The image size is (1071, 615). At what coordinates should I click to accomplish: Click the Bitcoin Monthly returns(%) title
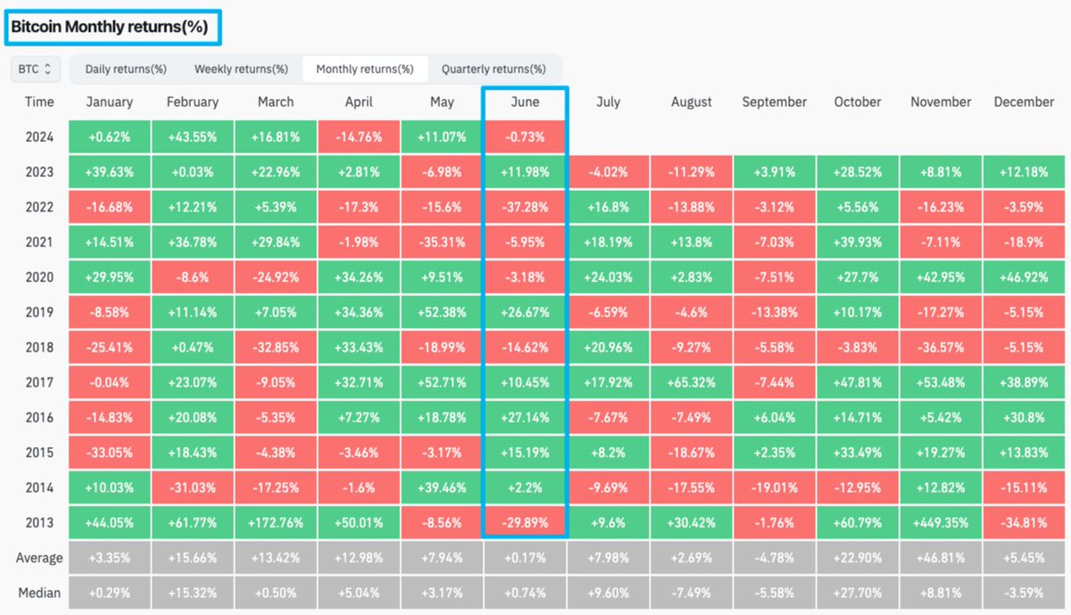109,28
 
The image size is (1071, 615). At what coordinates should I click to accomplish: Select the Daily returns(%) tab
126,69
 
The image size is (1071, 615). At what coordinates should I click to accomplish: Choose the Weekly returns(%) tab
241,69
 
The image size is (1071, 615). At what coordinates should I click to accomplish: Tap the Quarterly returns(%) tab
494,69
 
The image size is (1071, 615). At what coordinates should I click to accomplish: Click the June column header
525,102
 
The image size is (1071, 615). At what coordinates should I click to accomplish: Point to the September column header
774,102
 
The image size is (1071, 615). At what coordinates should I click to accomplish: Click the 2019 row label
39,312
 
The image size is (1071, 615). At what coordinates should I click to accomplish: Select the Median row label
39,593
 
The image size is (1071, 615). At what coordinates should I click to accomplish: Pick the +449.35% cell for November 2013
941,522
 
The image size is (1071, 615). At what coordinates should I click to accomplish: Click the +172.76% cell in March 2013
276,522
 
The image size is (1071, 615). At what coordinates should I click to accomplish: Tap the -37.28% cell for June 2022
525,207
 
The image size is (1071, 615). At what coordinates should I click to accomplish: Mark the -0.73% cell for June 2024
525,137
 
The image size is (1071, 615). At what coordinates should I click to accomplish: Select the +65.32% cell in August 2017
691,382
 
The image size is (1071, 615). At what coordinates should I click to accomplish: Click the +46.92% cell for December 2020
1024,278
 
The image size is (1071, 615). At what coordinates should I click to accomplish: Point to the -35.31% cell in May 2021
442,242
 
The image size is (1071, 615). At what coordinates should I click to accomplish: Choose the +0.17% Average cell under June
525,558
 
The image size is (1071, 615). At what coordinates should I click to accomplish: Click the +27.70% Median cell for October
857,593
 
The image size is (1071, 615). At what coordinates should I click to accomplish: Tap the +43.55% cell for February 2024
193,137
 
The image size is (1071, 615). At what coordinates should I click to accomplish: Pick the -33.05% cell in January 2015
110,453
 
